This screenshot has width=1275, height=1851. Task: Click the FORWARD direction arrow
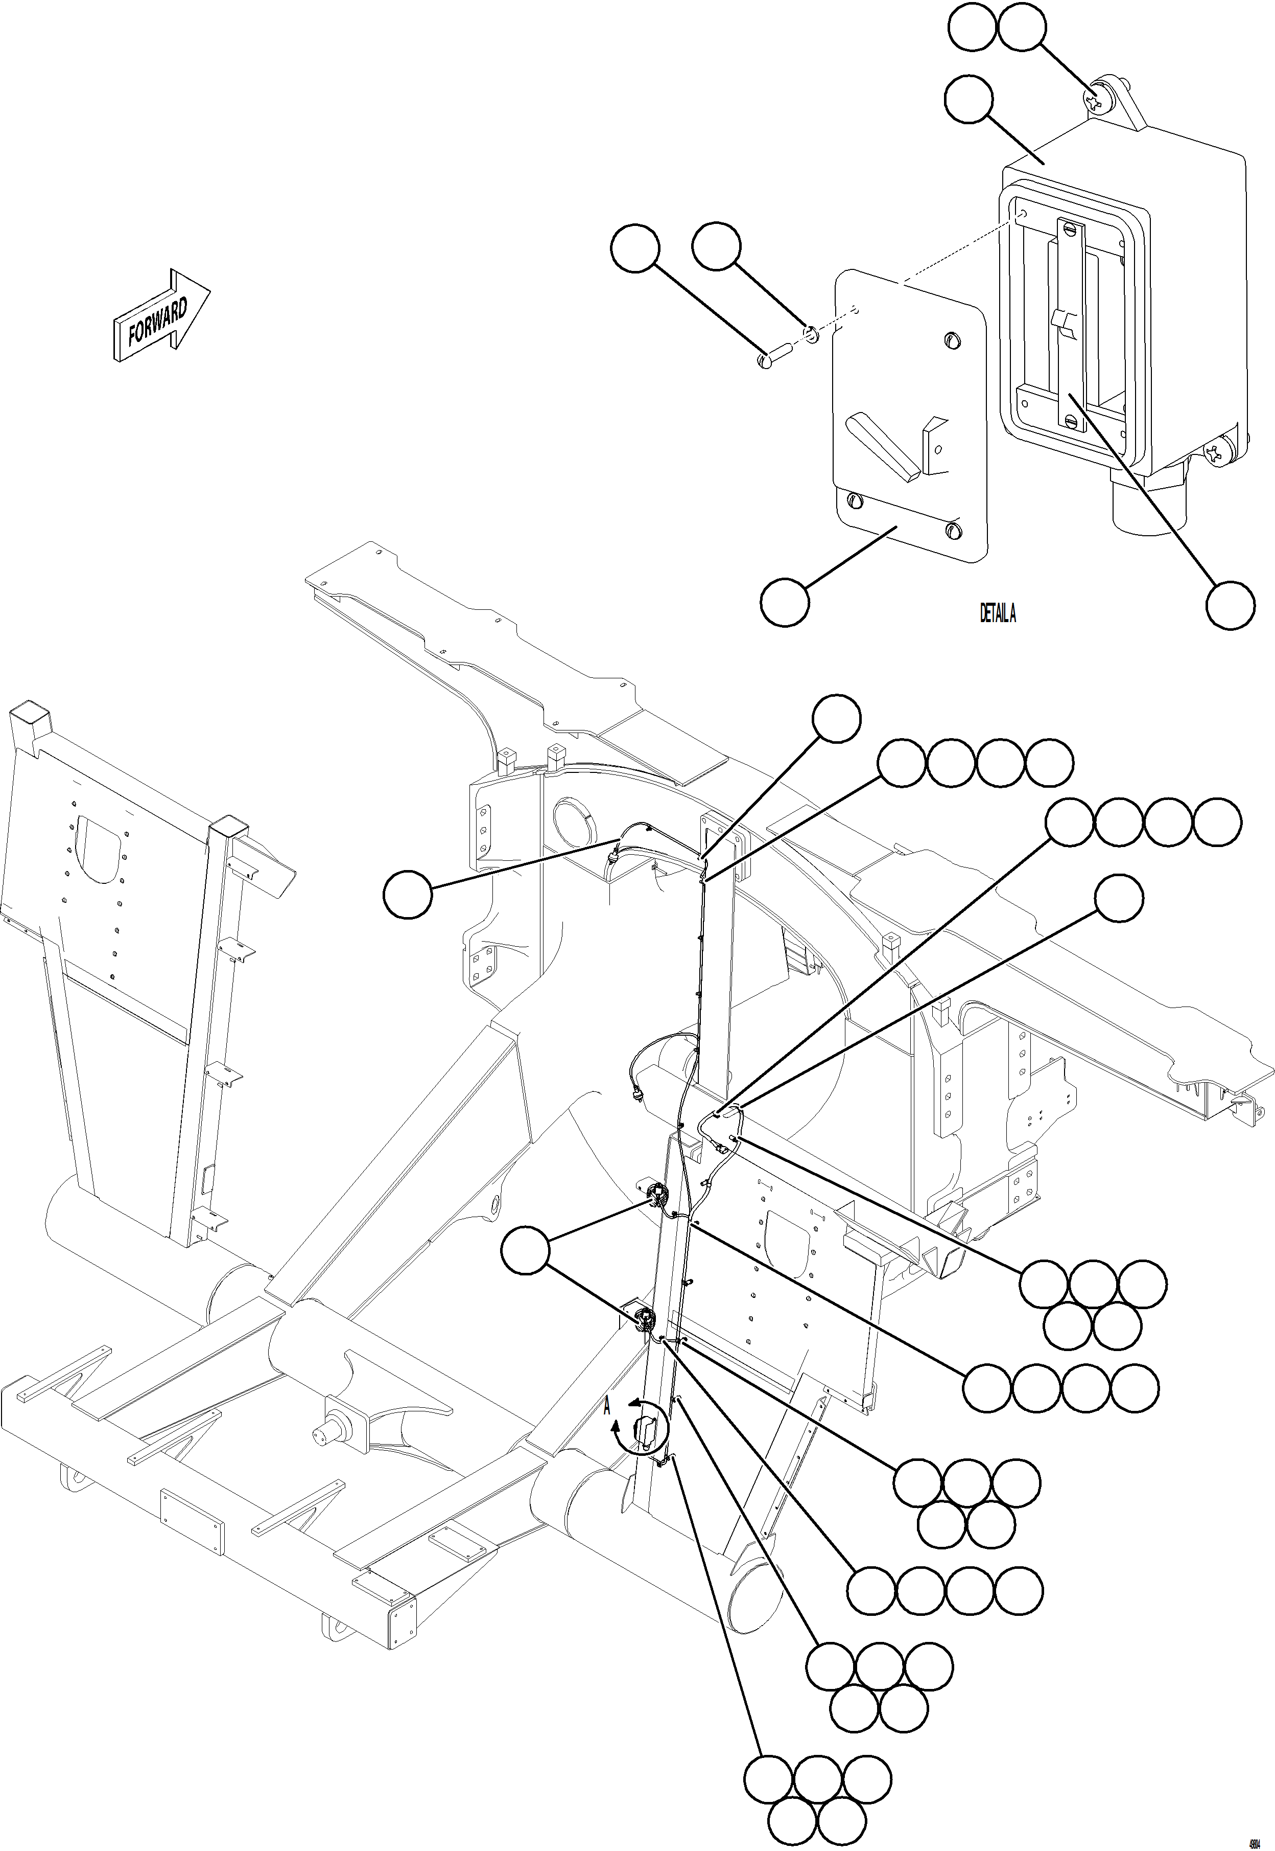point(160,316)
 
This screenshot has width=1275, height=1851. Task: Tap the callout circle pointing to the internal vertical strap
point(1230,605)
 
